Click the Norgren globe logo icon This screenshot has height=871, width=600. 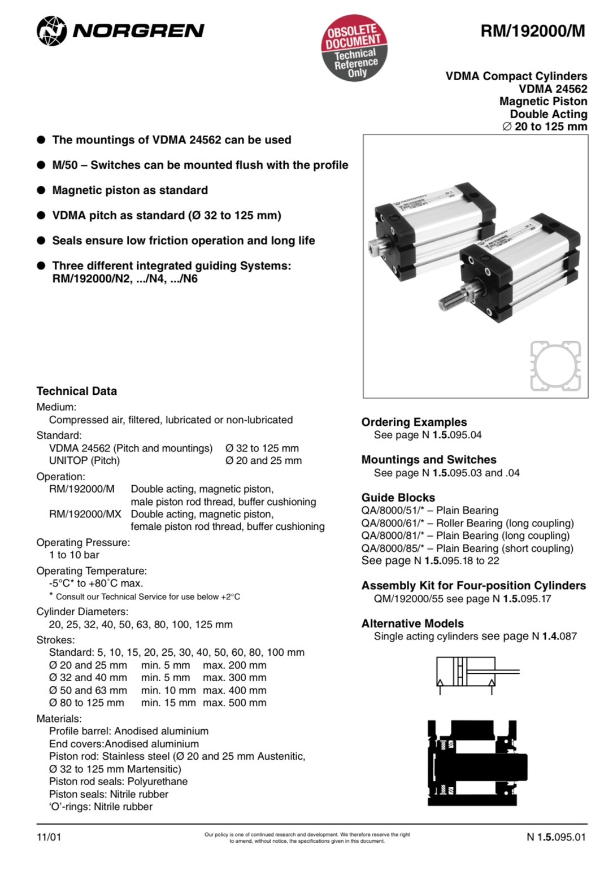[51, 31]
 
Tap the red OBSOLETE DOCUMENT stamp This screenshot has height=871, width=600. [354, 48]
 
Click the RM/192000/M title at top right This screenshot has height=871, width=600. [533, 31]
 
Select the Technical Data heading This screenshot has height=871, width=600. [77, 391]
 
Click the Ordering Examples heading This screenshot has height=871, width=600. [414, 422]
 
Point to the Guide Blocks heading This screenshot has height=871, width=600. [398, 498]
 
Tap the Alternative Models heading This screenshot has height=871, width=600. [412, 624]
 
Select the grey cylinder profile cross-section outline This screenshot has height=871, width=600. [556, 366]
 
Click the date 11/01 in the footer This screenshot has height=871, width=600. [49, 837]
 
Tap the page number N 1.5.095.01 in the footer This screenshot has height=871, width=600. [556, 837]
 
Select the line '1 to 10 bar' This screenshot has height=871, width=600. [74, 555]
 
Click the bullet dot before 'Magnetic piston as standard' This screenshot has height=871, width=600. [41, 190]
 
